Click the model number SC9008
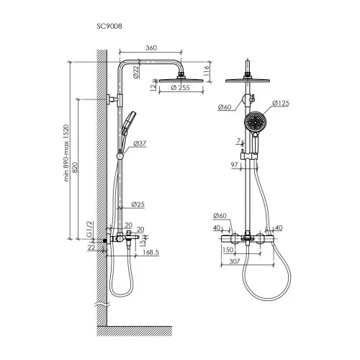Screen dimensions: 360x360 pos(109,26)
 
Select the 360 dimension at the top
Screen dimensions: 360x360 pos(151,48)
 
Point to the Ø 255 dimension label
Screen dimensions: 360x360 pos(181,88)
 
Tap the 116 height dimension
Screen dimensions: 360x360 pos(207,71)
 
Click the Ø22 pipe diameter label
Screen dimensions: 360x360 pos(136,72)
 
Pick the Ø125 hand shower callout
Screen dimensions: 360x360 pos(281,104)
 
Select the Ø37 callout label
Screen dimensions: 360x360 pos(140,143)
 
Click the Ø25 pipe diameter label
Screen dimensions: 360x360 pos(138,204)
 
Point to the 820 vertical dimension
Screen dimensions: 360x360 pos(75,168)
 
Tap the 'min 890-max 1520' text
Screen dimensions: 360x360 pos(66,153)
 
